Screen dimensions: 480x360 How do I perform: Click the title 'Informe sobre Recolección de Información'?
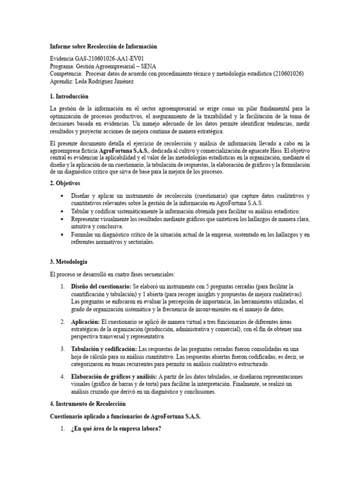click(103, 47)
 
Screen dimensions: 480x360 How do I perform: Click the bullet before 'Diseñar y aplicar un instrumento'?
click(62, 195)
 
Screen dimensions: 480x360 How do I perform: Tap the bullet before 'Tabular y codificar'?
click(62, 211)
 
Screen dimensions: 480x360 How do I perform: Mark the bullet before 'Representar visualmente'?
click(62, 219)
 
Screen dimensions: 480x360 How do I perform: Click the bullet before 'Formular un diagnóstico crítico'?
click(62, 235)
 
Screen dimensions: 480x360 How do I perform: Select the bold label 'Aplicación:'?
click(85, 322)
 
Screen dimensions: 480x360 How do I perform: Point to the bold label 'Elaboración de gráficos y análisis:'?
click(114, 376)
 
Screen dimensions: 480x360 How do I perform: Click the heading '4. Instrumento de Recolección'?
click(88, 404)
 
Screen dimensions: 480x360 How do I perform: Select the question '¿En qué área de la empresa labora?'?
click(116, 429)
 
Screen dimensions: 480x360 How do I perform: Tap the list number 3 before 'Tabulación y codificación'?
click(62, 349)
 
